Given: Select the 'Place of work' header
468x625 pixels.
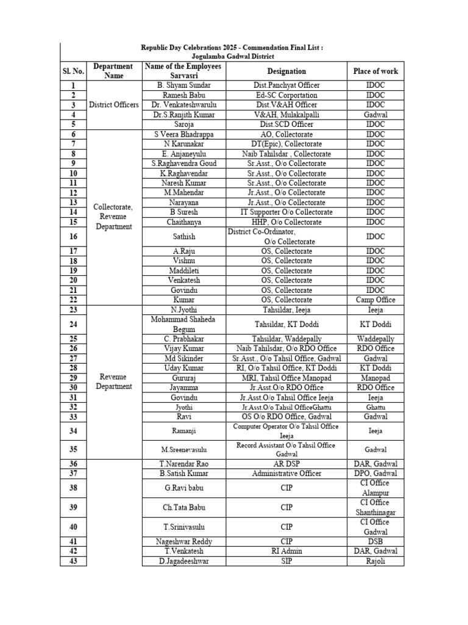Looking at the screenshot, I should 375,71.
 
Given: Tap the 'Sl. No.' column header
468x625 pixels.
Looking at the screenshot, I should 73,71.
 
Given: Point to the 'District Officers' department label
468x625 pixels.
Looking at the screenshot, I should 113,105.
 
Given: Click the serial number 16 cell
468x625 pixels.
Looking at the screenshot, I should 73,236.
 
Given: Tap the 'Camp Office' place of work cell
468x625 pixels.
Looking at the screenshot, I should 375,300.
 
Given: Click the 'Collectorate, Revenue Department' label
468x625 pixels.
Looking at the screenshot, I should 113,217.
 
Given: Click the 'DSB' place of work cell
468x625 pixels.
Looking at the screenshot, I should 375,541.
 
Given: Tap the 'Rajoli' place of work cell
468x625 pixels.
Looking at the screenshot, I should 375,561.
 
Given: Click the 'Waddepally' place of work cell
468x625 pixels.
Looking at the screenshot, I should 375,339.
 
